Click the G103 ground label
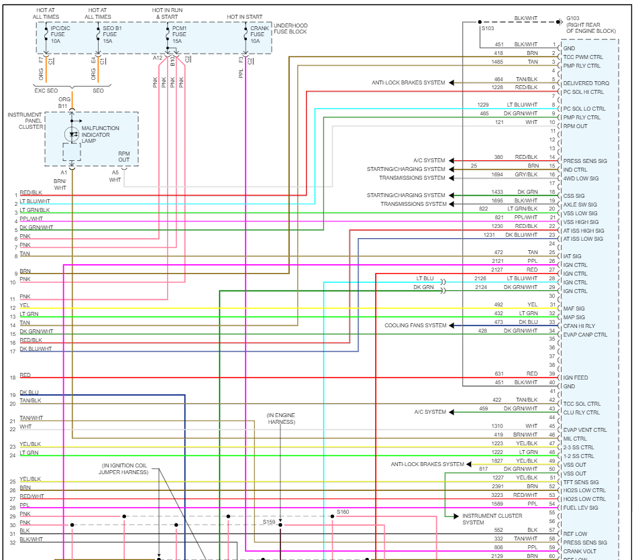(574, 18)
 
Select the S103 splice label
(486, 29)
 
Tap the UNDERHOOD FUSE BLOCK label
(290, 30)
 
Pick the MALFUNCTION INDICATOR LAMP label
(101, 134)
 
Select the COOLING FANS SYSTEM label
(415, 326)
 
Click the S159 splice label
(269, 521)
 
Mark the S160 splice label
(342, 512)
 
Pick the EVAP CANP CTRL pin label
(585, 335)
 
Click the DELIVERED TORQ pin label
(586, 83)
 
